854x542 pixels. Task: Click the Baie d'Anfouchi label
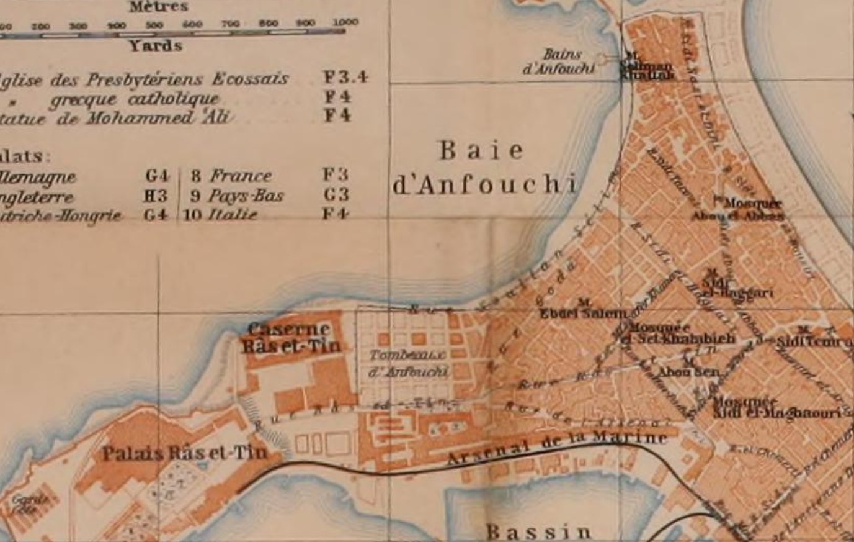pyautogui.click(x=484, y=168)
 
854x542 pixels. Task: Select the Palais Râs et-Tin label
pyautogui.click(x=185, y=453)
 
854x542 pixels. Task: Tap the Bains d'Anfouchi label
pyautogui.click(x=559, y=61)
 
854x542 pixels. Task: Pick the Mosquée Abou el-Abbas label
pyautogui.click(x=738, y=210)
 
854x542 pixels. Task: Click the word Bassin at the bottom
pyautogui.click(x=539, y=531)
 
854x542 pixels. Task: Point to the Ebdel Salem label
pyautogui.click(x=584, y=314)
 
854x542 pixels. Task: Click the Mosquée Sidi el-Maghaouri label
pyautogui.click(x=775, y=407)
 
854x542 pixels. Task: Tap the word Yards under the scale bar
pyautogui.click(x=155, y=46)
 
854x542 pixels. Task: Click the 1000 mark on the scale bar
pyautogui.click(x=345, y=23)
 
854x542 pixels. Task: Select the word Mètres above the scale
pyautogui.click(x=158, y=7)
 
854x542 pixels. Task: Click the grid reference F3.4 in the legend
pyautogui.click(x=345, y=78)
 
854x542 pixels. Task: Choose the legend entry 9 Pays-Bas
pyautogui.click(x=238, y=196)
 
